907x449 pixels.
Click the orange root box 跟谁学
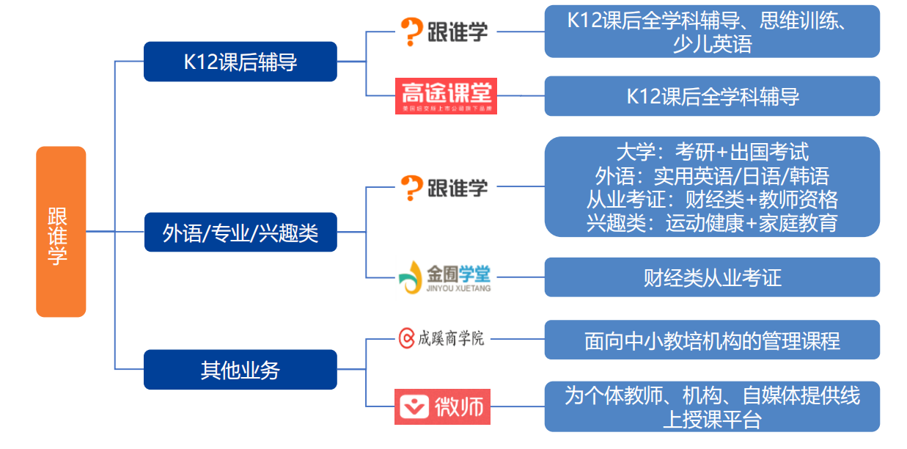click(x=61, y=232)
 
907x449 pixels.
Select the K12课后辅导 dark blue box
click(x=240, y=62)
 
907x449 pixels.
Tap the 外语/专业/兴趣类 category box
click(x=240, y=233)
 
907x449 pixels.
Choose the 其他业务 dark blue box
click(x=240, y=370)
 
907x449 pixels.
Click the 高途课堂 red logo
click(x=446, y=96)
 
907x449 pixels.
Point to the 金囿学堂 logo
click(x=444, y=277)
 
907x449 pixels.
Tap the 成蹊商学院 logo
click(x=441, y=338)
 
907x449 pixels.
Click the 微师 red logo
click(x=442, y=406)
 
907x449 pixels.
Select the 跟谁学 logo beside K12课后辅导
click(x=444, y=31)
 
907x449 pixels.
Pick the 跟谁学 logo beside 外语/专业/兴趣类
click(x=444, y=187)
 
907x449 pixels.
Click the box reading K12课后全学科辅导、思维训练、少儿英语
click(x=711, y=32)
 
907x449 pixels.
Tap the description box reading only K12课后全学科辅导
click(x=711, y=96)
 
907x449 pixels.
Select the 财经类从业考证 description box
click(x=711, y=277)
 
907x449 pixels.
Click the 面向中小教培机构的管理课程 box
click(x=711, y=340)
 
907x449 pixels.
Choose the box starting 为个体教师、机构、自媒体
click(x=711, y=407)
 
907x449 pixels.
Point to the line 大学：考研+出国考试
click(x=711, y=152)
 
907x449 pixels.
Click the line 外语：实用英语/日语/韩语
click(x=711, y=175)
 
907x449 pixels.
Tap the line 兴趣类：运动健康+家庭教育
click(x=711, y=222)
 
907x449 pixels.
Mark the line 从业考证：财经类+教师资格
click(x=711, y=199)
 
